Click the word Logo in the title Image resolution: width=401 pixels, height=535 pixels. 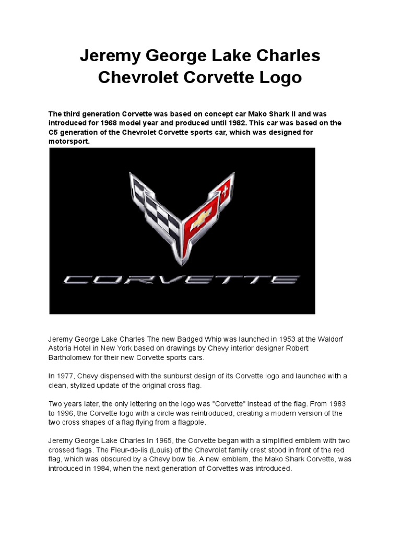click(279, 77)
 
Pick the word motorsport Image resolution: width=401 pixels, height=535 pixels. click(68, 142)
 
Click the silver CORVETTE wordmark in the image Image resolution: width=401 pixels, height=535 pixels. click(182, 280)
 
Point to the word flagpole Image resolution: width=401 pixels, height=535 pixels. click(192, 422)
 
